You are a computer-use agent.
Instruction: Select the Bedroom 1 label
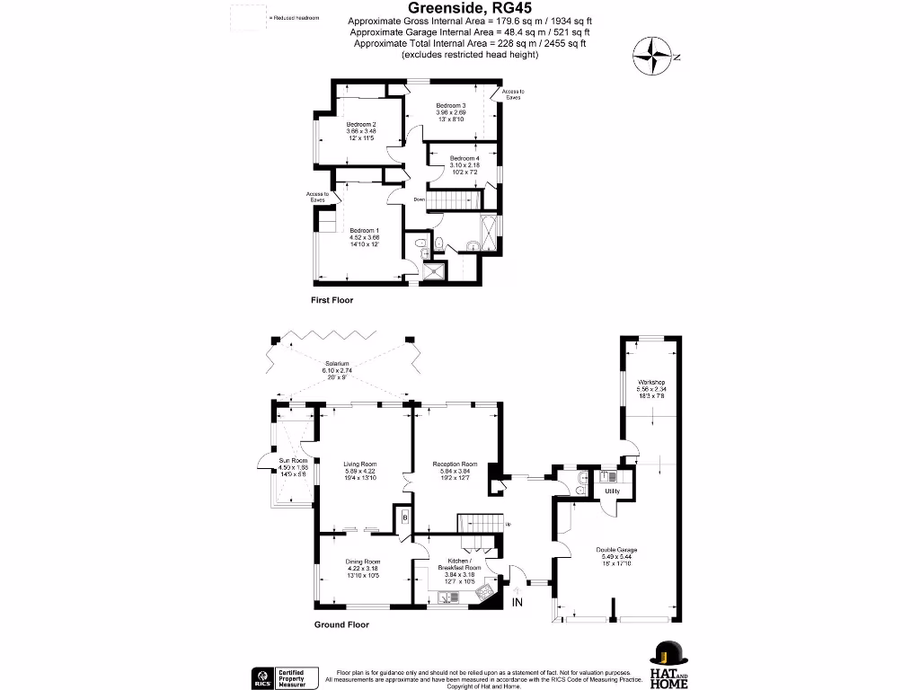coord(364,229)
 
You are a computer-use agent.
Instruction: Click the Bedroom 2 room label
coord(361,124)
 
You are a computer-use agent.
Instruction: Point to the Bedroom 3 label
coord(451,105)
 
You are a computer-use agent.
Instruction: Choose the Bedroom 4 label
coord(464,159)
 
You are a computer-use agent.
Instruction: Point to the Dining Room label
coord(363,562)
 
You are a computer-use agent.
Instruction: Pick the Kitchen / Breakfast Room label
coord(458,563)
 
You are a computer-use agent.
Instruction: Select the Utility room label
coord(613,491)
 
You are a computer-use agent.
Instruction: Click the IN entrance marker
coord(517,602)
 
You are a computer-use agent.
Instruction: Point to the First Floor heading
coord(332,300)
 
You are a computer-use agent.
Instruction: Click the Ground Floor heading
coord(341,624)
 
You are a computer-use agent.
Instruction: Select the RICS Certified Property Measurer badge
coord(282,677)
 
